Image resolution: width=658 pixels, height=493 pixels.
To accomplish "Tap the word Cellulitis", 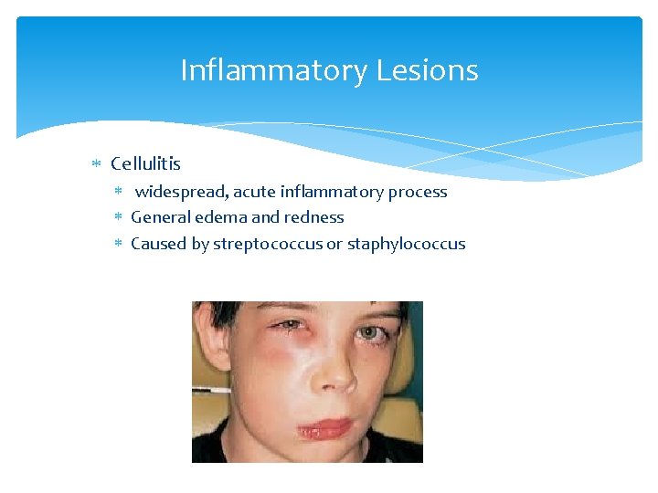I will (x=145, y=164).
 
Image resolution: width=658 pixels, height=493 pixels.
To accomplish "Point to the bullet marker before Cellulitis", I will (x=98, y=164).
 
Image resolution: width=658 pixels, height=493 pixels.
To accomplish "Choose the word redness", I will (x=313, y=217).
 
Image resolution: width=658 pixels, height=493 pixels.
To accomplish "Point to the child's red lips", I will (x=324, y=426).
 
